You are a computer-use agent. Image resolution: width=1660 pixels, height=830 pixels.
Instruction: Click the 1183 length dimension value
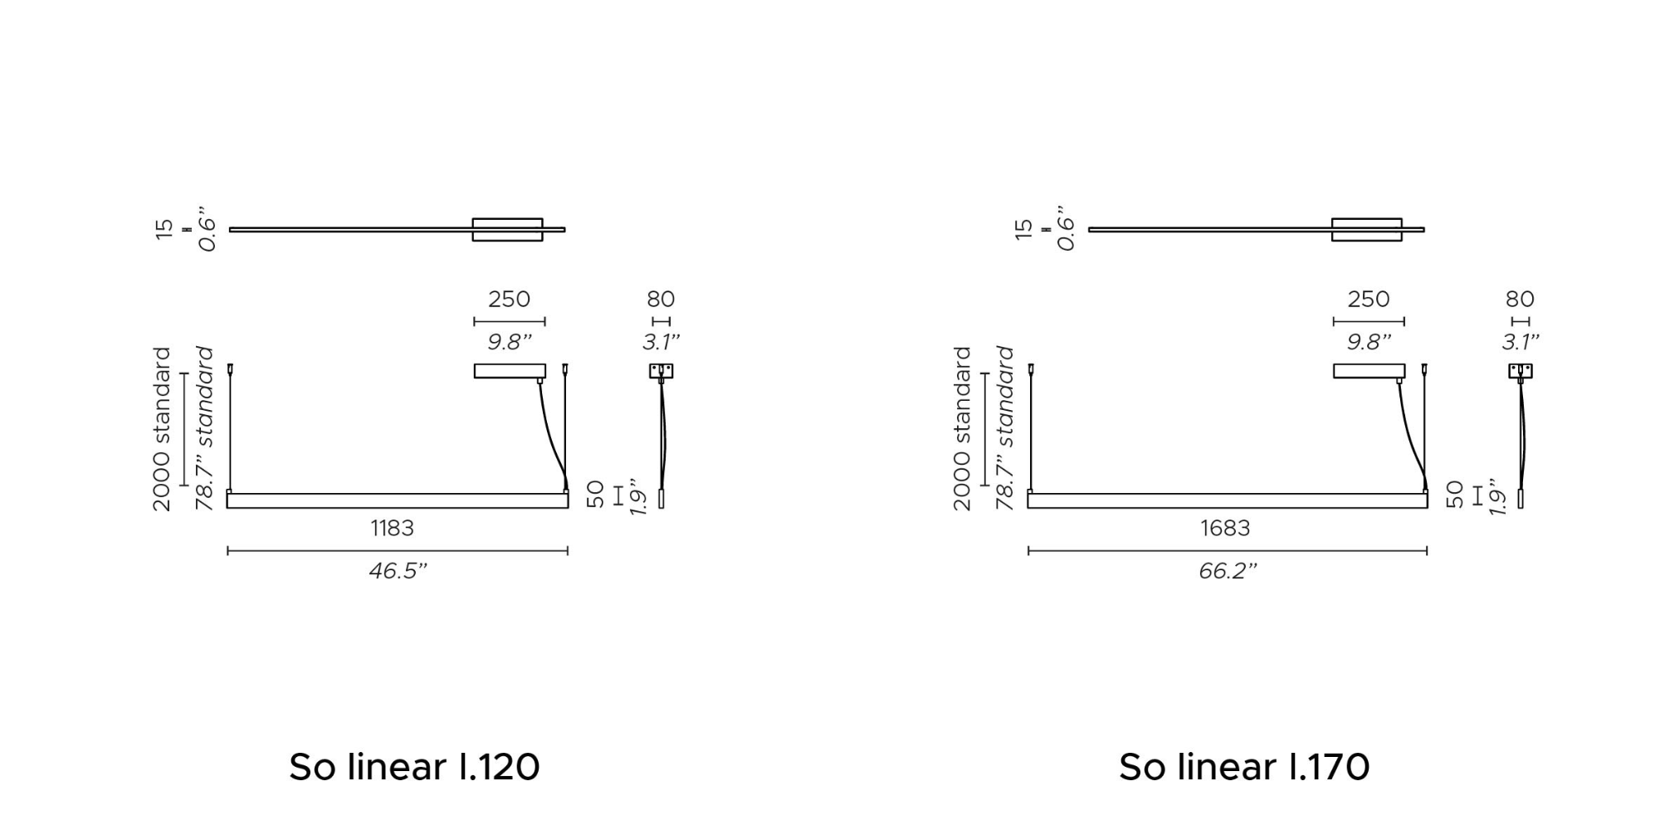[x=392, y=528]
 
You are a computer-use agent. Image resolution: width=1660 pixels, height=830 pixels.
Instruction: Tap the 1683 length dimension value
[x=1225, y=528]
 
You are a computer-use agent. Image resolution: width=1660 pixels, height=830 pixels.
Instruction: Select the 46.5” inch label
[x=398, y=571]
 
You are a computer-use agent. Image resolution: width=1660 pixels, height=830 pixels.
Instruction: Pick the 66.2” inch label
[x=1228, y=571]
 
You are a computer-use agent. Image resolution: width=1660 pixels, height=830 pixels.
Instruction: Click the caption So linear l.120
[x=414, y=767]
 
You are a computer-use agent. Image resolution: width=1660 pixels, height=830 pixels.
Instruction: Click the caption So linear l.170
[x=1244, y=767]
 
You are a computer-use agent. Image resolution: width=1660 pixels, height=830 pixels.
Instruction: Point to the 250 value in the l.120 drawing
[x=509, y=299]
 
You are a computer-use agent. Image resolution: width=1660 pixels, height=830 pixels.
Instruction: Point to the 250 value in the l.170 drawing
[x=1369, y=299]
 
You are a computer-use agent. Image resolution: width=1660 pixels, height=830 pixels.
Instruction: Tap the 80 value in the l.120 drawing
[x=661, y=299]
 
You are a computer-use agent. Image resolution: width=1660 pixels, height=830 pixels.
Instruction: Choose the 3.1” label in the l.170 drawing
[x=1521, y=342]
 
